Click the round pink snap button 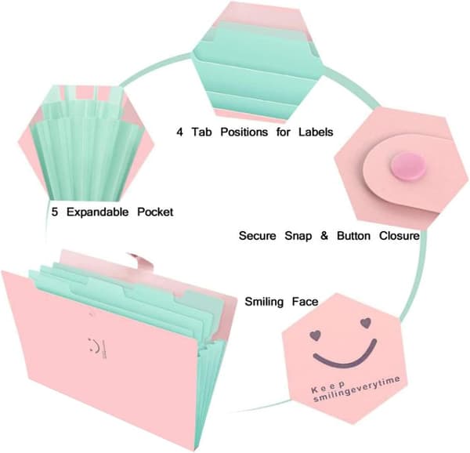(407, 167)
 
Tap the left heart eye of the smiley (315, 335)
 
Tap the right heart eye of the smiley (365, 323)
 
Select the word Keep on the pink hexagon (328, 386)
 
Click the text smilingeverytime (356, 390)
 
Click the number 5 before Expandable (55, 212)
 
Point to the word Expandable (97, 212)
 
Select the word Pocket (155, 212)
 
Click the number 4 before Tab (179, 132)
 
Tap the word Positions (244, 132)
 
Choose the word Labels (316, 132)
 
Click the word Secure (257, 236)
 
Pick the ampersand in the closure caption (324, 236)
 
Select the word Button (354, 236)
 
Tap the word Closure (399, 236)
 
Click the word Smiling (264, 302)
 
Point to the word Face (305, 301)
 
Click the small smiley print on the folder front (97, 348)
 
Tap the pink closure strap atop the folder (142, 262)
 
